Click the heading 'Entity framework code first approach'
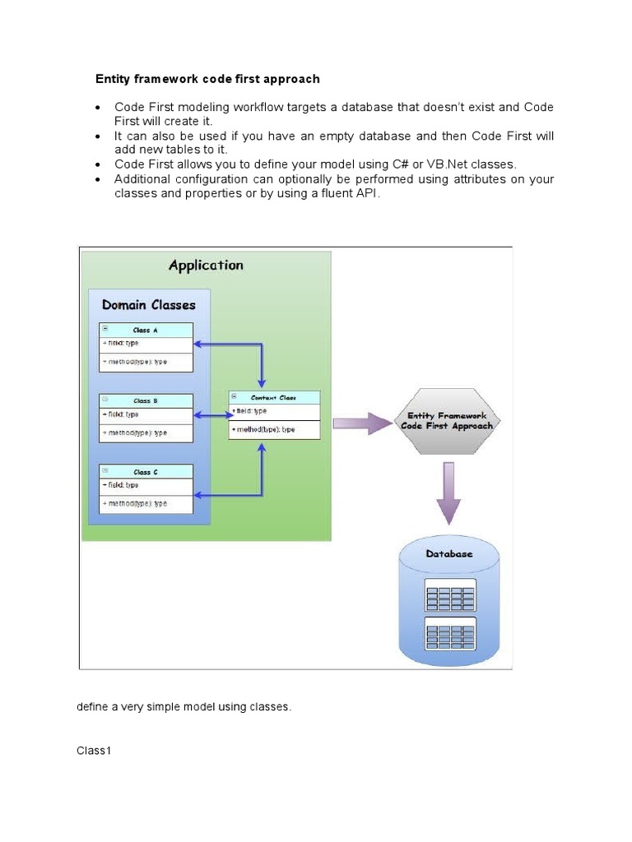(207, 79)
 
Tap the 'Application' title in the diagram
(206, 265)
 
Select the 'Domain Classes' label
(149, 305)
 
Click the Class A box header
(146, 330)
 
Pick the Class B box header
(146, 401)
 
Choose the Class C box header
(146, 472)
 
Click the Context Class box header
(273, 397)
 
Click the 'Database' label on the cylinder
(449, 554)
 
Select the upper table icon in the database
(450, 596)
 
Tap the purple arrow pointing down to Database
(448, 492)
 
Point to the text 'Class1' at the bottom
(94, 751)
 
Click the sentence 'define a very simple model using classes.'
(184, 707)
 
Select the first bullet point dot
(99, 109)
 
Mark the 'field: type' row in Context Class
(250, 411)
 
